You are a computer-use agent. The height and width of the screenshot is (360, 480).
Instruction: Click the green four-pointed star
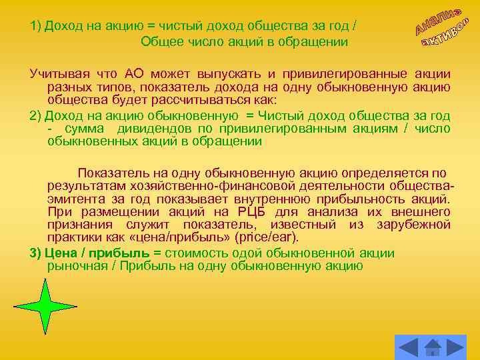pyautogui.click(x=45, y=307)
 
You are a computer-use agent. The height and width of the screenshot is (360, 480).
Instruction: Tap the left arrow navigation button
pyautogui.click(x=408, y=347)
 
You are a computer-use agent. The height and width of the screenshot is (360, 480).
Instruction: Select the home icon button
pyautogui.click(x=433, y=347)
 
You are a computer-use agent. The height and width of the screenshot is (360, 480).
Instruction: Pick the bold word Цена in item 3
pyautogui.click(x=59, y=253)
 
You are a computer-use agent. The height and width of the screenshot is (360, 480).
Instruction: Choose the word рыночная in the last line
pyautogui.click(x=75, y=266)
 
